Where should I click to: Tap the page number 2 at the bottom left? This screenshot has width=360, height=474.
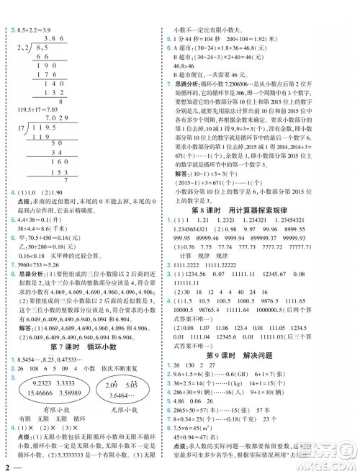(x=6, y=467)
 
